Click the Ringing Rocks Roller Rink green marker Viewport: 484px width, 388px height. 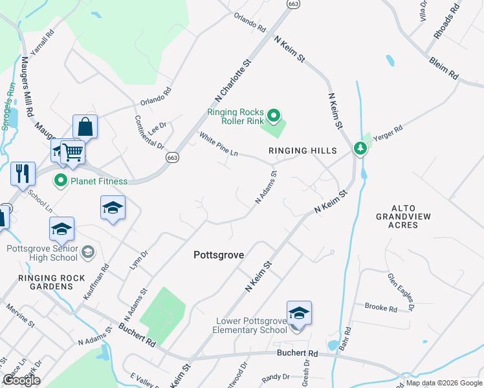(x=274, y=116)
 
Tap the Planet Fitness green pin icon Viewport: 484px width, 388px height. (x=61, y=180)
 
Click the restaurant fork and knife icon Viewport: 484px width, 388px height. (x=23, y=173)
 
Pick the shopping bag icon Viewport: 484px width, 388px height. (x=85, y=127)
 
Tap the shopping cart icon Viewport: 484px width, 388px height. (x=74, y=153)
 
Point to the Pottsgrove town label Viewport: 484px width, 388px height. (x=219, y=255)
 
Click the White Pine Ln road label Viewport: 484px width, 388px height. (x=219, y=145)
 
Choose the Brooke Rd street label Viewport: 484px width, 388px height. (x=380, y=308)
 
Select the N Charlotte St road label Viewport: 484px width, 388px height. (x=233, y=81)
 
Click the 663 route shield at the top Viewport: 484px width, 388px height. (x=294, y=4)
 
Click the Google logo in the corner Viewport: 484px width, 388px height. (x=21, y=380)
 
